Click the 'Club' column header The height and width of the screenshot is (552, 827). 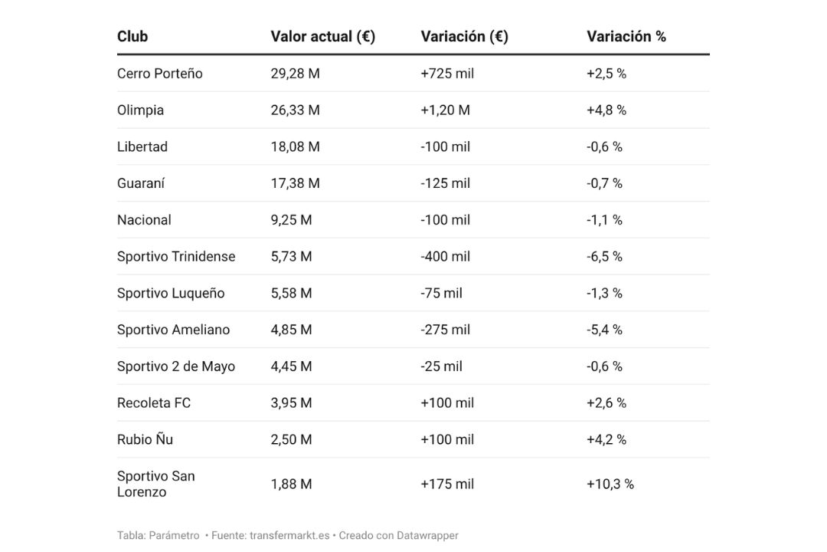tap(132, 36)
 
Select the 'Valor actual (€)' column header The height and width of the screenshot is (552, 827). tap(322, 36)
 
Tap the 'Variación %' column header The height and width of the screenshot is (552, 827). tap(626, 36)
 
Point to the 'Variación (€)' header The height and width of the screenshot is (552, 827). tap(464, 36)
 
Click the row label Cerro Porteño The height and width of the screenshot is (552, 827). tap(159, 74)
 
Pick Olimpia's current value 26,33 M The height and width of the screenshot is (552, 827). tap(295, 110)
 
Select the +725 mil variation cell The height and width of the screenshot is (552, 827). tap(447, 74)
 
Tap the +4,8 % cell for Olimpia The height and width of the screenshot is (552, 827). tap(606, 110)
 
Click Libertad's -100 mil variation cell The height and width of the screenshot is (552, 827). tap(445, 146)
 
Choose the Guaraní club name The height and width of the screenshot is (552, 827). tap(141, 183)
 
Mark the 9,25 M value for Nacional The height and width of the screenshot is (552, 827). tap(291, 220)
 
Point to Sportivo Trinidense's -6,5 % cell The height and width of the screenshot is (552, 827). tap(604, 257)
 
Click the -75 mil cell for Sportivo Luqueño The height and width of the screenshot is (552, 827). tap(441, 293)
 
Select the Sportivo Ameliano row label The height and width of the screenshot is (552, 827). tap(173, 330)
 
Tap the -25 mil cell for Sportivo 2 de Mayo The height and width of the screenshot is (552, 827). tap(441, 366)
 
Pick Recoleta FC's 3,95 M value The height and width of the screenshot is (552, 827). tap(291, 403)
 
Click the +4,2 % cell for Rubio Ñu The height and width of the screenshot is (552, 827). tap(606, 439)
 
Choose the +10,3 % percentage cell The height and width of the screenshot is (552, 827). tap(610, 484)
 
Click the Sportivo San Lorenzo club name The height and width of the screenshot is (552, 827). tap(155, 484)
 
